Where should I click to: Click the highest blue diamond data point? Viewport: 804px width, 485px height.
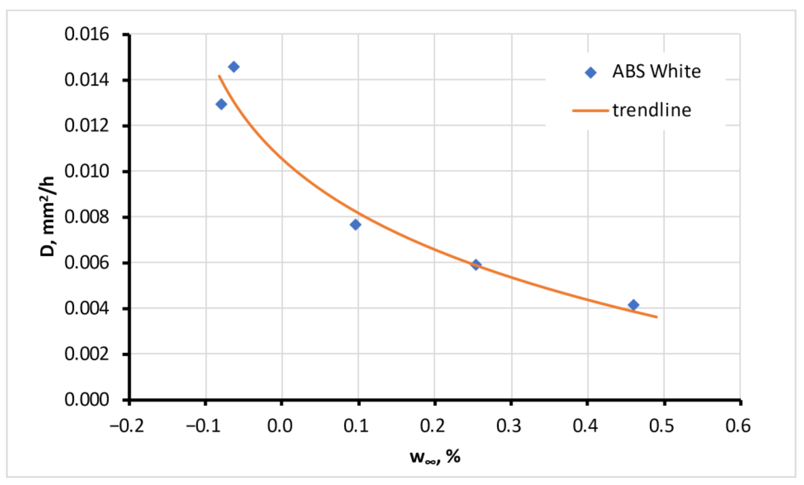coord(233,67)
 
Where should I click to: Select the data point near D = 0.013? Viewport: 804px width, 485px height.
coord(221,104)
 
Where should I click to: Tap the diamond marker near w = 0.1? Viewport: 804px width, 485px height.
coord(356,225)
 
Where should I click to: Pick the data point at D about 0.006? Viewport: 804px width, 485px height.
coord(476,265)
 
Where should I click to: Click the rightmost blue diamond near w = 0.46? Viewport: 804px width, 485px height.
coord(633,305)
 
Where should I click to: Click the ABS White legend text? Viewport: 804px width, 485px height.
coord(656,72)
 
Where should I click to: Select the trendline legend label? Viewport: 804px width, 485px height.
coord(652,110)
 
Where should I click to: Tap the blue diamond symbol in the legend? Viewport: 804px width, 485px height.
coord(590,73)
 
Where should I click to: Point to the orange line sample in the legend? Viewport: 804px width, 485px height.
coord(590,111)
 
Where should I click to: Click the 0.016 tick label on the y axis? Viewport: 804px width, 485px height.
coord(87,34)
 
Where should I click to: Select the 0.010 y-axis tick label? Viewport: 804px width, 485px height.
coord(87,171)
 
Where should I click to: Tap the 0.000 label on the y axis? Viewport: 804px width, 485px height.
coord(87,400)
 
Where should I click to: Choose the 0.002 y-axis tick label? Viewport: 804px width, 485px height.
coord(87,354)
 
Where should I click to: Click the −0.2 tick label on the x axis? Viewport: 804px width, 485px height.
coord(127,426)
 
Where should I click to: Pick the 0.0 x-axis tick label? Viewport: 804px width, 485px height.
coord(280,426)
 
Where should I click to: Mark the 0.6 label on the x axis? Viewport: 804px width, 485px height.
coord(738,426)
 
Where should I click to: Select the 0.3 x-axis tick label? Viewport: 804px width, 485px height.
coord(509,426)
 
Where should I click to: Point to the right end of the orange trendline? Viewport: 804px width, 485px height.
coord(656,317)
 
